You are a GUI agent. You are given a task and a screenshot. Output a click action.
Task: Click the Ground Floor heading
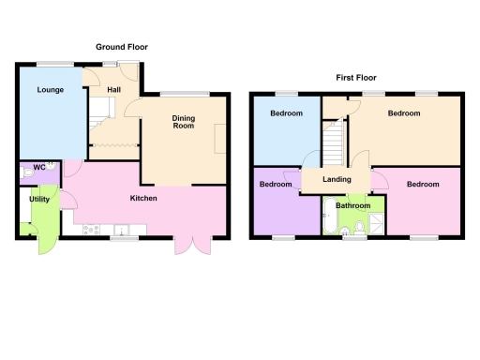(x=122, y=47)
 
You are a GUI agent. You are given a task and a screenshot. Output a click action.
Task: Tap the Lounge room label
(x=50, y=91)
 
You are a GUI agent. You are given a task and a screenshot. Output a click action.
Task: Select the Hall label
(x=113, y=90)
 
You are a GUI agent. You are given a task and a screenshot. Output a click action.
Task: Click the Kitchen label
(x=142, y=198)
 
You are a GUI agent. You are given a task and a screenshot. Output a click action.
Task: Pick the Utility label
(x=39, y=199)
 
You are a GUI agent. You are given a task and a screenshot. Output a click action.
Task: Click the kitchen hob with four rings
(x=91, y=230)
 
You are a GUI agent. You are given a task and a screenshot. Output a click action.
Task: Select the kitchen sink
(x=121, y=230)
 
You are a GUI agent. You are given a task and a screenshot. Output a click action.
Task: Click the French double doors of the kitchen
(x=190, y=246)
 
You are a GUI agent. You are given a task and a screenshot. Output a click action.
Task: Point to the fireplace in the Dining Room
(x=221, y=141)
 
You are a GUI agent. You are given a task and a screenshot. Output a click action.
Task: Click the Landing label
(x=337, y=179)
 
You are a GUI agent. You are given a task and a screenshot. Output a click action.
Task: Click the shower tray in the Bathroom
(x=375, y=222)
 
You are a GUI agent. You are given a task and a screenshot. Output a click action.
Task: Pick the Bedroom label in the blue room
(x=286, y=113)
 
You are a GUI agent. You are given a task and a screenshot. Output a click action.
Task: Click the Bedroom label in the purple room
(x=275, y=185)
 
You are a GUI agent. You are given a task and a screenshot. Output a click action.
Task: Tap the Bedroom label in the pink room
(x=423, y=185)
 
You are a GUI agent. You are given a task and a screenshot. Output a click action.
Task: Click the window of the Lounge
(x=55, y=63)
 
